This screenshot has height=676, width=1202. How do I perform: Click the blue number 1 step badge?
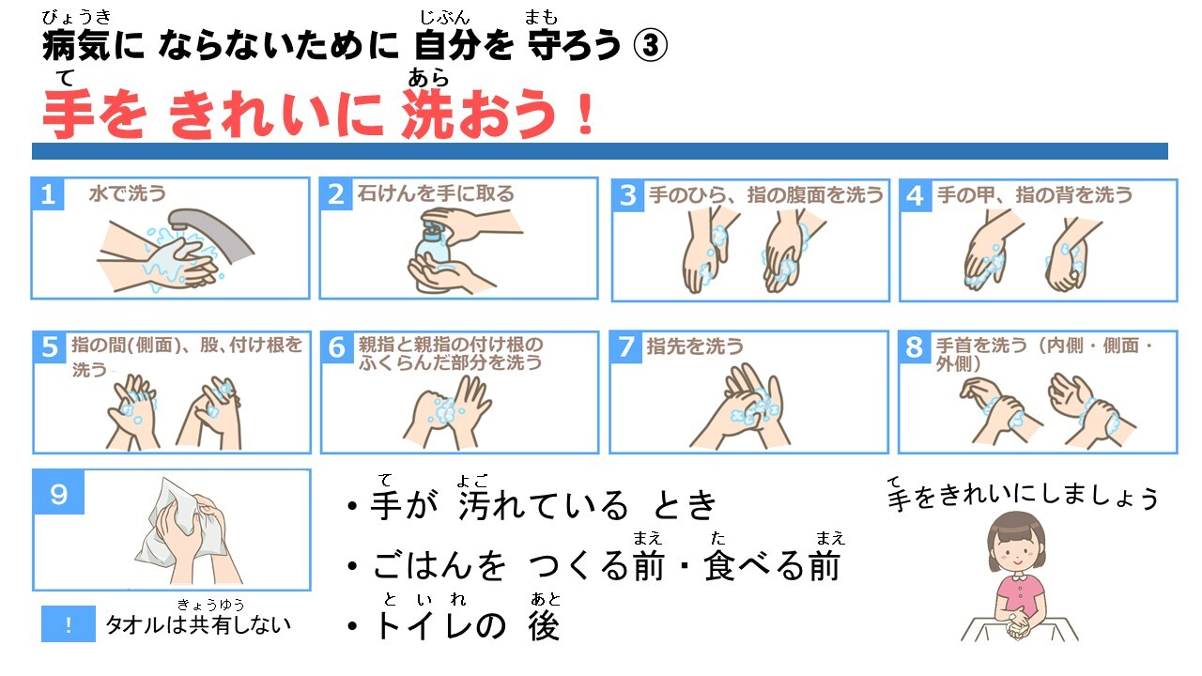point(48,194)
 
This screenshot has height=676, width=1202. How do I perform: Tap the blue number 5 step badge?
point(50,347)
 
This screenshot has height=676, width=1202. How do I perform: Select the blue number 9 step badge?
point(59,493)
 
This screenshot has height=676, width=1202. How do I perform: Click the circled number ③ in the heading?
point(650,45)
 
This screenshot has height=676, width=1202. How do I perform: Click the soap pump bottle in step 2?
point(432,256)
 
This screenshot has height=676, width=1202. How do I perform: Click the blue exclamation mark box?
point(69,624)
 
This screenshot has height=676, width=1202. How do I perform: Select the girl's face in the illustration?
point(1017,553)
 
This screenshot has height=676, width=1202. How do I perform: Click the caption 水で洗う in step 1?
point(127,193)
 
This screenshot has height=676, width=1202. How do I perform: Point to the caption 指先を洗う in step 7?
point(695,346)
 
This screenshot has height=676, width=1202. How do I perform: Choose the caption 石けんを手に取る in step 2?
point(436,193)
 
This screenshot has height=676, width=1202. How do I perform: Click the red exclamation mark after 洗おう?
point(586,115)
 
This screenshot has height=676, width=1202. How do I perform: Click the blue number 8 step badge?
point(915,346)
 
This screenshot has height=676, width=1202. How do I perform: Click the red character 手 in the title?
point(67,114)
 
